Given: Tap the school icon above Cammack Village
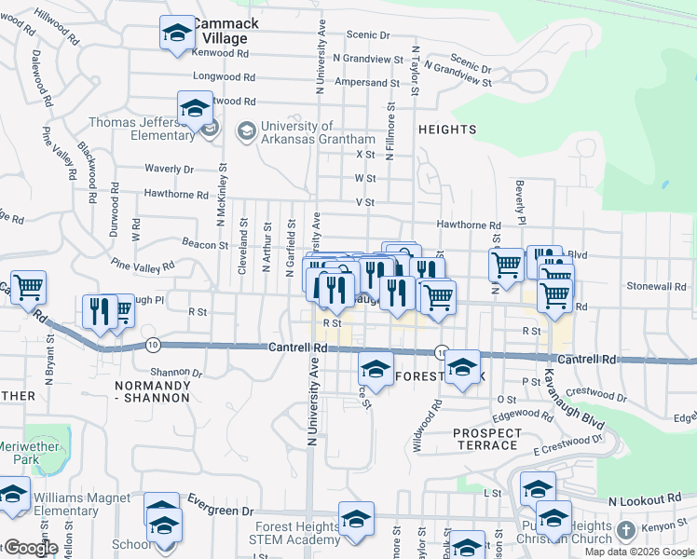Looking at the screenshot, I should pyautogui.click(x=175, y=34).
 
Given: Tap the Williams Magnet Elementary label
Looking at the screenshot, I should pyautogui.click(x=82, y=505).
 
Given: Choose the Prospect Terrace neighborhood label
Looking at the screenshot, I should pyautogui.click(x=486, y=439).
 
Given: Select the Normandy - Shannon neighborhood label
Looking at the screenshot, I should pyautogui.click(x=152, y=391).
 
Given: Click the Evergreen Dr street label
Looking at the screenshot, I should pyautogui.click(x=221, y=511).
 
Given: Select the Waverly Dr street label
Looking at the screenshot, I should pyautogui.click(x=169, y=169).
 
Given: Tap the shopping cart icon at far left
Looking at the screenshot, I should pyautogui.click(x=28, y=289).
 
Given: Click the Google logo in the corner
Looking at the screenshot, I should pyautogui.click(x=30, y=548).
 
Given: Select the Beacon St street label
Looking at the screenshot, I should pyautogui.click(x=205, y=245).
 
